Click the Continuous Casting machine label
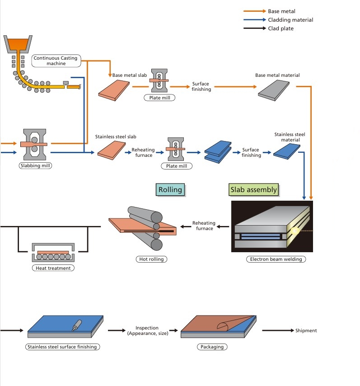56,61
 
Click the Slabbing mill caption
36,165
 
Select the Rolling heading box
170,189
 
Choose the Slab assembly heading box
253,189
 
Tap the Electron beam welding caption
276,259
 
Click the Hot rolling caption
151,259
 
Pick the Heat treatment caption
53,268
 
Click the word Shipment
306,330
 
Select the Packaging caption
212,347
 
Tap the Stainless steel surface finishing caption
63,347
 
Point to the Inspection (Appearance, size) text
148,330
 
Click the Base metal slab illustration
115,89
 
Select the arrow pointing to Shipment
277,330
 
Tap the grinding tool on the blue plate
77,324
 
